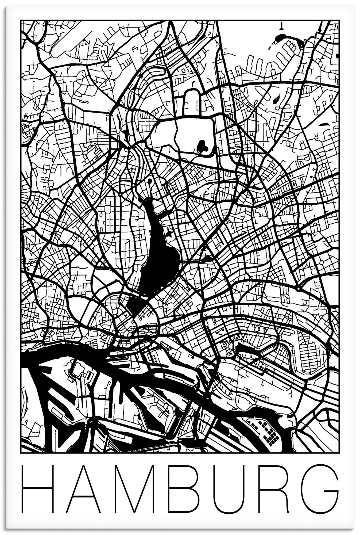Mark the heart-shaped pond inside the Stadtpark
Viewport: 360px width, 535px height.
(202, 146)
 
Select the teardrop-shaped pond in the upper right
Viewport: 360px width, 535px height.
(276, 100)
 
